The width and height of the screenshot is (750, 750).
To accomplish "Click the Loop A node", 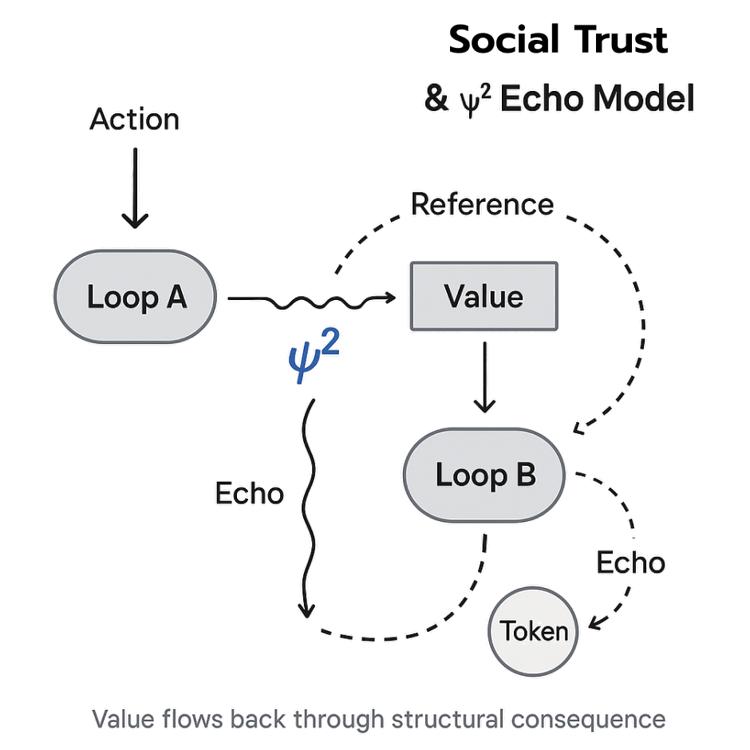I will tap(135, 298).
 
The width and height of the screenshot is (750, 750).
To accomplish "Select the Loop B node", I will tap(484, 476).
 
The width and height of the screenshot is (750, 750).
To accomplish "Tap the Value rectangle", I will tap(484, 297).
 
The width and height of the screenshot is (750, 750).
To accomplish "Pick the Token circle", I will tap(534, 632).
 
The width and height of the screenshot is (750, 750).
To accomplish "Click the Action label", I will tap(134, 120).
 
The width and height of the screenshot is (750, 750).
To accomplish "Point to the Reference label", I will tap(482, 204).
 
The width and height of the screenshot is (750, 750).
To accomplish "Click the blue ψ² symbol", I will tap(313, 357).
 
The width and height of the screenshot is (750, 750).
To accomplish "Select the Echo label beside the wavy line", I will tap(249, 493).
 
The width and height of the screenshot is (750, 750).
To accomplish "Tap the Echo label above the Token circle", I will tap(630, 562).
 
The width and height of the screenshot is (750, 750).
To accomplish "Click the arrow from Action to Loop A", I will tap(134, 187).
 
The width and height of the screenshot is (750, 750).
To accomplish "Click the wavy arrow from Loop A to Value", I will tap(311, 300).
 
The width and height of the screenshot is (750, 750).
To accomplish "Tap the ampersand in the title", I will tap(435, 100).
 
